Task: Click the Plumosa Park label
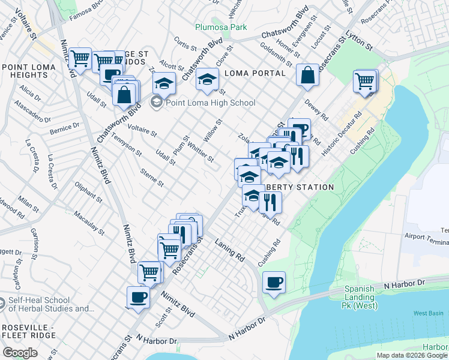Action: point(212,28)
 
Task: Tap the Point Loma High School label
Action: point(210,103)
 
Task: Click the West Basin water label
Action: point(427,313)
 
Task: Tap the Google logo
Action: point(20,353)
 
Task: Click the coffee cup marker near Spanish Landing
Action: point(274,282)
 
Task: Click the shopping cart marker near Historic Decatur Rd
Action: point(365,80)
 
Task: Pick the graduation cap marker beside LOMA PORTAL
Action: point(208,80)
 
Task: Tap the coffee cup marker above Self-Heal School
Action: point(138,297)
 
